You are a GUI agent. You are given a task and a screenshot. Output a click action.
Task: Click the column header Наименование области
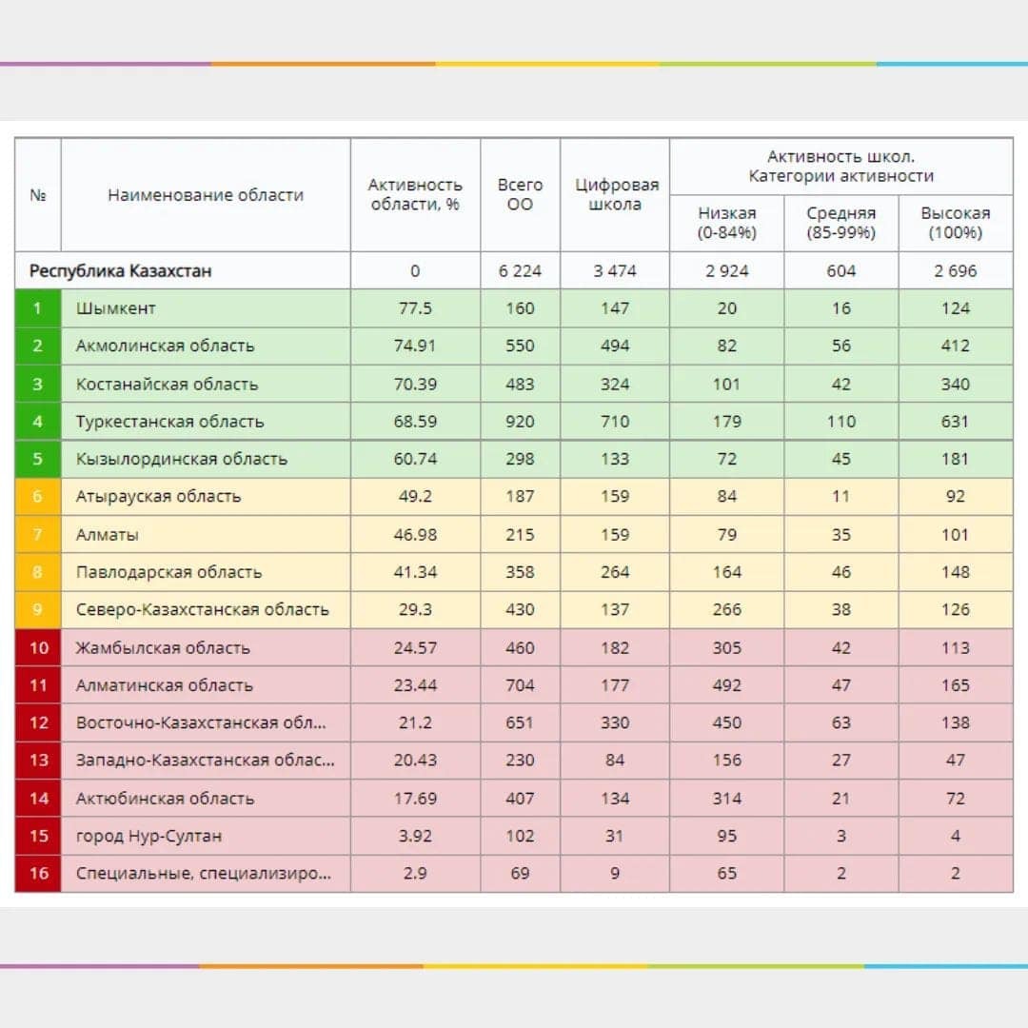point(205,195)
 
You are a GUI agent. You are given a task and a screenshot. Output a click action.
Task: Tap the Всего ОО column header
point(520,194)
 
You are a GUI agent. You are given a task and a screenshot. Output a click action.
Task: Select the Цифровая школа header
point(615,194)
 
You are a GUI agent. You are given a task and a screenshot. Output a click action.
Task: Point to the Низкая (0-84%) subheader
point(726,223)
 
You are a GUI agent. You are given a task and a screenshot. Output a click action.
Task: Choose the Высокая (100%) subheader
point(955,223)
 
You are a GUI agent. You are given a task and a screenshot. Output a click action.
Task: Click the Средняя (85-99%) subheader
point(840,223)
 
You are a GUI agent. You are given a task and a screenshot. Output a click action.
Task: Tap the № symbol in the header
point(38,195)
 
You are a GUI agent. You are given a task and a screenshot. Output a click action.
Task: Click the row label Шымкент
point(115,308)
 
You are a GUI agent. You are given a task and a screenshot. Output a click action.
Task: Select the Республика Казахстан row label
point(120,271)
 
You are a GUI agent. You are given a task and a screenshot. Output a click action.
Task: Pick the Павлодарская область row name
point(168,572)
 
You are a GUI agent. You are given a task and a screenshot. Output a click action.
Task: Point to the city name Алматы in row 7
point(107,535)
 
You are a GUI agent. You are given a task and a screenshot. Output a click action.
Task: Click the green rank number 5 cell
point(38,459)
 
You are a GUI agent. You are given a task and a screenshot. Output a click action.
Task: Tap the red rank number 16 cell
point(38,873)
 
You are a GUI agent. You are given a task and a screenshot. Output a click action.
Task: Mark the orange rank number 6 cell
point(38,496)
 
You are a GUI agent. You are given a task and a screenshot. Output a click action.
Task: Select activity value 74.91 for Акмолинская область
point(414,346)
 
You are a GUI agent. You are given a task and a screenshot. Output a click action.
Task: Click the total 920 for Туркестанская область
point(520,422)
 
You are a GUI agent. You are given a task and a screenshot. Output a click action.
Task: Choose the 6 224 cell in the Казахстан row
point(520,271)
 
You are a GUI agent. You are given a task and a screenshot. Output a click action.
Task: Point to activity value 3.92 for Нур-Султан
point(414,836)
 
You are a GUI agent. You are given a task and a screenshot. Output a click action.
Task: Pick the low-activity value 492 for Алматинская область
point(726,685)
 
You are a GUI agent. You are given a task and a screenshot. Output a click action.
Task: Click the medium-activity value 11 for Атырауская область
point(840,496)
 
